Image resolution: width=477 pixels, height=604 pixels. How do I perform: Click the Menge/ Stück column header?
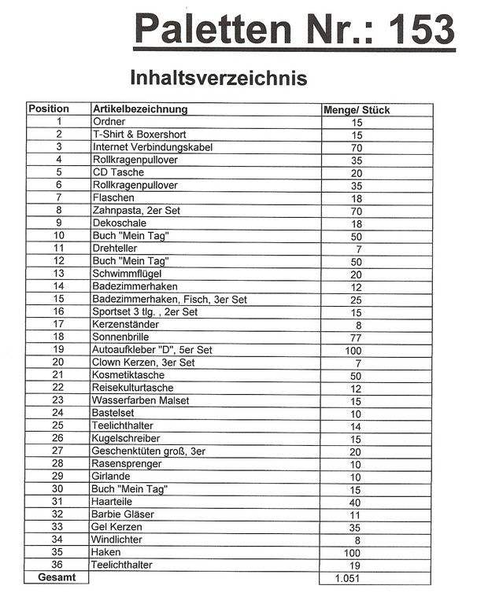click(357, 110)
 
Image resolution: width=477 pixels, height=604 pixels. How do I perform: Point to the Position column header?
click(49, 109)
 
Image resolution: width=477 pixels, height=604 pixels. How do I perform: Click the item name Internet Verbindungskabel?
click(153, 147)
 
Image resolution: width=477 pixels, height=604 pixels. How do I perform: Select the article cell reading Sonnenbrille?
click(121, 337)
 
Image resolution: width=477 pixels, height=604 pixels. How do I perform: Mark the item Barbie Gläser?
click(124, 514)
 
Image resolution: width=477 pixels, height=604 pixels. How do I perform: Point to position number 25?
click(57, 425)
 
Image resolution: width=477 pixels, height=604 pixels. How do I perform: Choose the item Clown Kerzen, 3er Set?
click(143, 362)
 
